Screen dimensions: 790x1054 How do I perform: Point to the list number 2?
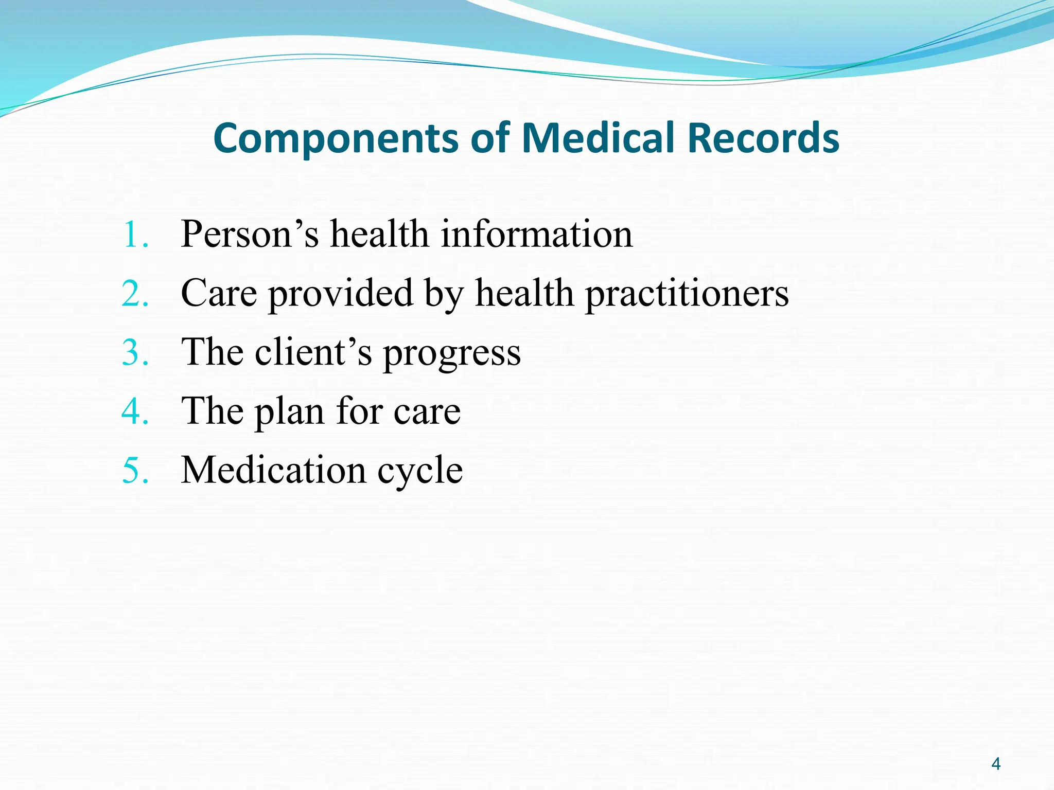(135, 294)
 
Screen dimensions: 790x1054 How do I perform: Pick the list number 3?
(135, 353)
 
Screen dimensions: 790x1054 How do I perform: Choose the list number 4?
(135, 411)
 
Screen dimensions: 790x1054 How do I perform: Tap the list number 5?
(135, 470)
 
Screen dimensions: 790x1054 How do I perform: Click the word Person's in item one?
(250, 235)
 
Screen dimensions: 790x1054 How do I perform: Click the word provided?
(341, 294)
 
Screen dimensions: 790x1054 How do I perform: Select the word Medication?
(273, 470)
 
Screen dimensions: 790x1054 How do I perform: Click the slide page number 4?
(995, 764)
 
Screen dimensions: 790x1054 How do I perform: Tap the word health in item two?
(524, 294)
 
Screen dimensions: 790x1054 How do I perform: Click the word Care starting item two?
(219, 294)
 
